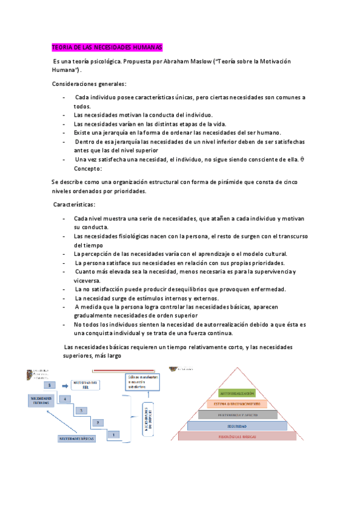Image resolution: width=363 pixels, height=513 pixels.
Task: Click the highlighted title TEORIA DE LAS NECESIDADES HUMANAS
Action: tap(107, 47)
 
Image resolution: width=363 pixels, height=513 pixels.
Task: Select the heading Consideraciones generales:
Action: tap(89, 83)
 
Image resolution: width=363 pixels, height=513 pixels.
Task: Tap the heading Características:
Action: tap(78, 204)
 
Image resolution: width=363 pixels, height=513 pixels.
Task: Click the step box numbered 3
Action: tap(81, 411)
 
